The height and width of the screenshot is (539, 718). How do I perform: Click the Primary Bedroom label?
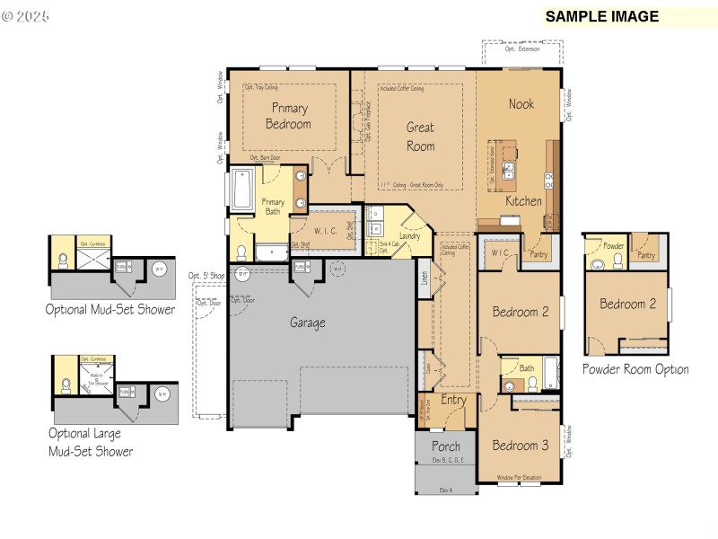click(287, 116)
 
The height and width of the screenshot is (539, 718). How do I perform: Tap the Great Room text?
click(420, 137)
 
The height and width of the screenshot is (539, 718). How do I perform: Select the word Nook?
click(521, 104)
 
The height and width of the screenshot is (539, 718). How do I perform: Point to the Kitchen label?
click(522, 201)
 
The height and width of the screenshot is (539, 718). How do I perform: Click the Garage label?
click(307, 323)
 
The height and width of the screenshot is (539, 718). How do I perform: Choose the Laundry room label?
click(410, 236)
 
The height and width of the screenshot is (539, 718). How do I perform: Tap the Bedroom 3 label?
click(520, 446)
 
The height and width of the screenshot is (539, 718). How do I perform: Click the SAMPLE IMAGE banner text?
click(601, 16)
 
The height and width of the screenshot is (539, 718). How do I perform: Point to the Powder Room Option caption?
click(635, 369)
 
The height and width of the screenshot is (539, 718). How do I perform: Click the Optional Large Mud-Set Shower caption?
click(91, 442)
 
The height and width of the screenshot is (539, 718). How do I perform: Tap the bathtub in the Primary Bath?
click(241, 190)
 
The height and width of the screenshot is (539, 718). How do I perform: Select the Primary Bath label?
click(273, 207)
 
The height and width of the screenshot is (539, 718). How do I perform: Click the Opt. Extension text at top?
click(522, 49)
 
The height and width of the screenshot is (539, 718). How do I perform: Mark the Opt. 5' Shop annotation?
click(206, 276)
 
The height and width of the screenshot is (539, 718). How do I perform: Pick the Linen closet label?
click(424, 278)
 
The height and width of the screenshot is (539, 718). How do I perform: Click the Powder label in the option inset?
click(613, 246)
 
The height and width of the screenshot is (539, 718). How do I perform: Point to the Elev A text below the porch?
click(445, 490)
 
